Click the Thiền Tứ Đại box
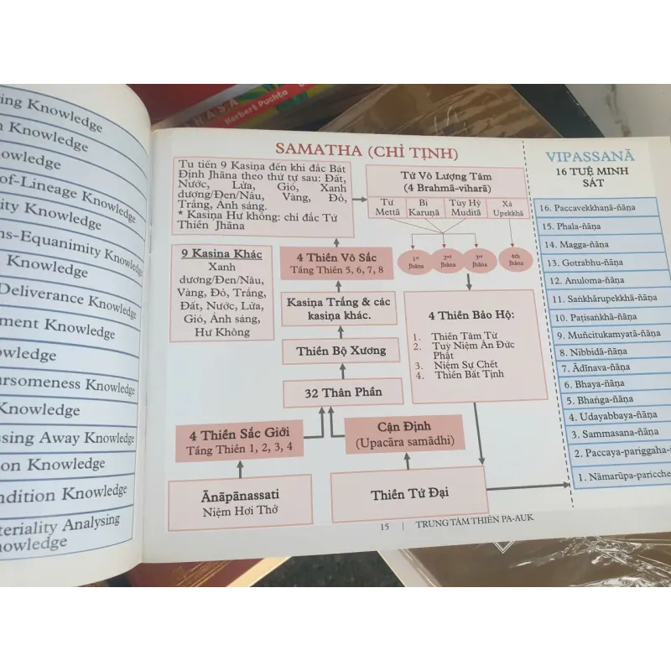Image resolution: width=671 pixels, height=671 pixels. (x=409, y=495)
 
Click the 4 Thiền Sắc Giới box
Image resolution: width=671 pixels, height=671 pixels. (x=239, y=440)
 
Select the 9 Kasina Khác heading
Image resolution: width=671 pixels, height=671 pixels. (x=222, y=254)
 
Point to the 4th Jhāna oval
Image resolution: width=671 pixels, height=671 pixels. (x=516, y=259)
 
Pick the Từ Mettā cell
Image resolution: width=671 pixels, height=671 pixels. (x=387, y=209)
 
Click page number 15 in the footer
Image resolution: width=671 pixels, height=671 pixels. (x=385, y=527)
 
